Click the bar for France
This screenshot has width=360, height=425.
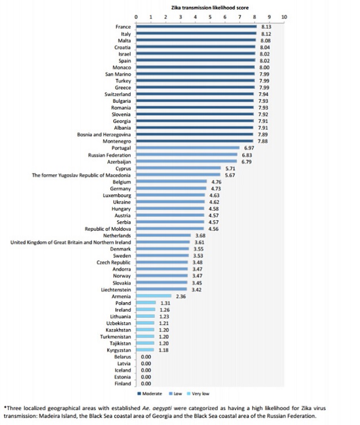pyautogui.click(x=196, y=27)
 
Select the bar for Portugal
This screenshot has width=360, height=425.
pyautogui.click(x=187, y=148)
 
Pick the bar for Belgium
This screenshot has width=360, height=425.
pyautogui.click(x=171, y=181)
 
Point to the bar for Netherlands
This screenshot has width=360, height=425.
pyautogui.click(x=163, y=235)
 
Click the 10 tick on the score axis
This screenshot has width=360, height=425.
pyautogui.click(x=284, y=17)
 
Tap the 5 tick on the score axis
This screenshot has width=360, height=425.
pyautogui.click(x=210, y=17)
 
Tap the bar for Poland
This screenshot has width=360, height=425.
pyautogui.click(x=145, y=303)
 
